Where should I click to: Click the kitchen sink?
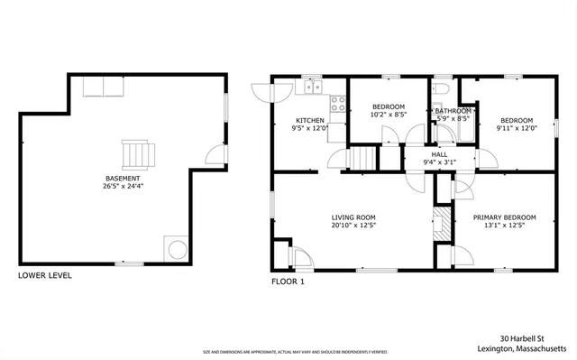click(x=313, y=87)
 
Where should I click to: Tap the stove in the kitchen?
click(x=339, y=105)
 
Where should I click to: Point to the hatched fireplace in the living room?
click(x=441, y=225)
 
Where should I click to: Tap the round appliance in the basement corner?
click(x=174, y=248)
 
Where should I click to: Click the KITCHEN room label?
click(x=309, y=120)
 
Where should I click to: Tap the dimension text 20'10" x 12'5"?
click(x=353, y=226)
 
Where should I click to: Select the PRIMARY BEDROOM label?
click(x=505, y=217)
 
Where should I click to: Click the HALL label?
click(x=439, y=154)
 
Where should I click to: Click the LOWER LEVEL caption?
click(x=45, y=275)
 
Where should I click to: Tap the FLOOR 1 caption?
click(x=288, y=282)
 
